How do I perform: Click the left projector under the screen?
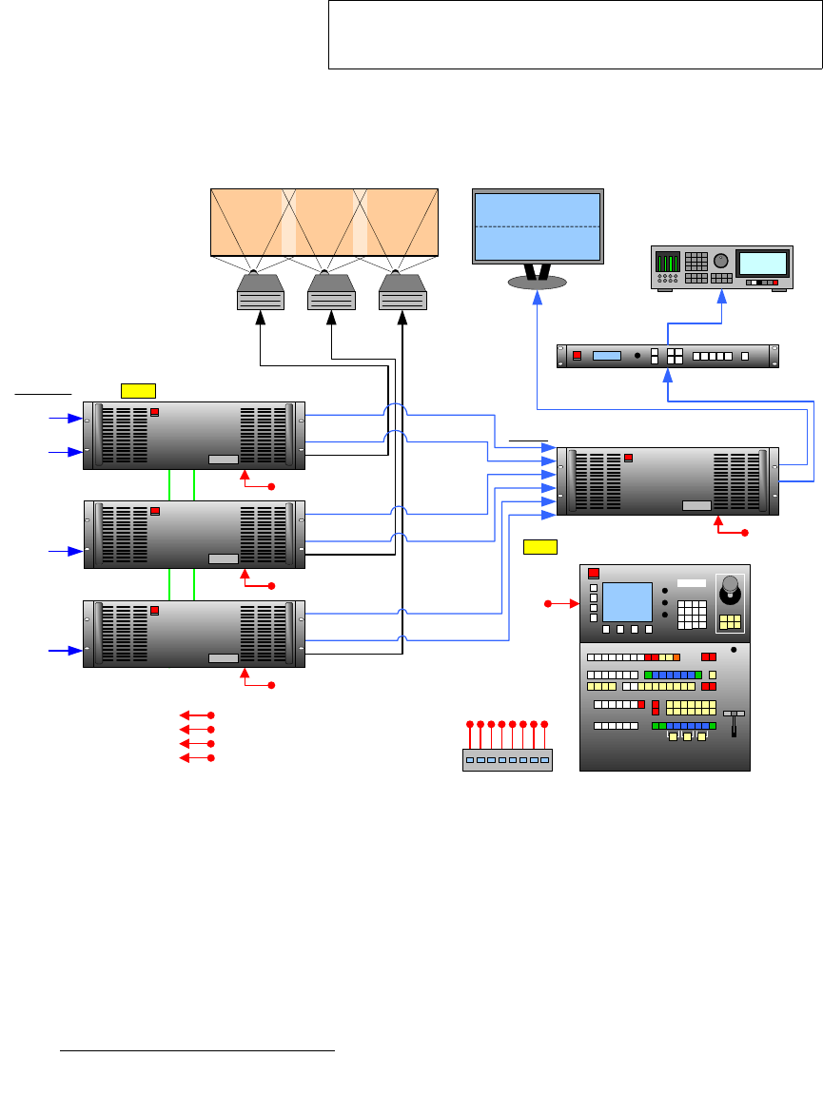(261, 292)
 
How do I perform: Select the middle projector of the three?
(331, 292)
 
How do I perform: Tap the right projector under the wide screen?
(402, 292)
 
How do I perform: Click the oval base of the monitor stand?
(538, 282)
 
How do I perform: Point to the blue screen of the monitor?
(538, 225)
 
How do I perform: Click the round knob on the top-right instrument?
(720, 261)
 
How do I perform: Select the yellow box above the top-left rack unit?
(138, 389)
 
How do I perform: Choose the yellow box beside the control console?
(539, 546)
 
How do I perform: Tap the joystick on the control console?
(730, 594)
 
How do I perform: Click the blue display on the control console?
(627, 601)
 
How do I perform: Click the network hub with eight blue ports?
(507, 759)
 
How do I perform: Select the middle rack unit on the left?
(194, 535)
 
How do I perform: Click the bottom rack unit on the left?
(194, 634)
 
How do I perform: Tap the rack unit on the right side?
(667, 481)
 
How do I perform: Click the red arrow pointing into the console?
(565, 603)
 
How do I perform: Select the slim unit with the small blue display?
(667, 356)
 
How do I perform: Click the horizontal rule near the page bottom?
(198, 1051)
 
